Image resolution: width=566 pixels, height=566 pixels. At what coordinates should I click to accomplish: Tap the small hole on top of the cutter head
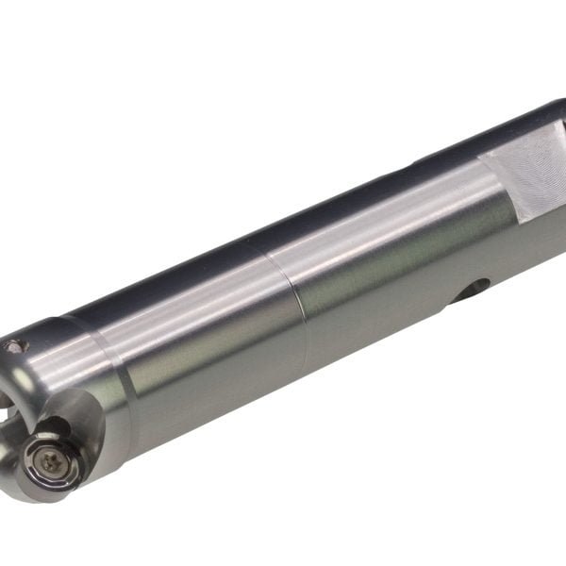(12, 347)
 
